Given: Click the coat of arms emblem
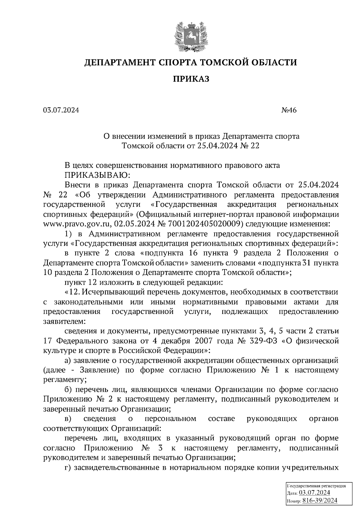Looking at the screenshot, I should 190,35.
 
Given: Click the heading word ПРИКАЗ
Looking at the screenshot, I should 190,79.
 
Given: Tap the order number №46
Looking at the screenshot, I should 289,110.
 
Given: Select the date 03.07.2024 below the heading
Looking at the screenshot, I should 61,110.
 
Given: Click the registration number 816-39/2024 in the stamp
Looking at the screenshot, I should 320,501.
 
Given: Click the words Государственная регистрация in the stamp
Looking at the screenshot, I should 316,486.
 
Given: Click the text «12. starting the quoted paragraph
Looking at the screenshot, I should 72,292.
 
